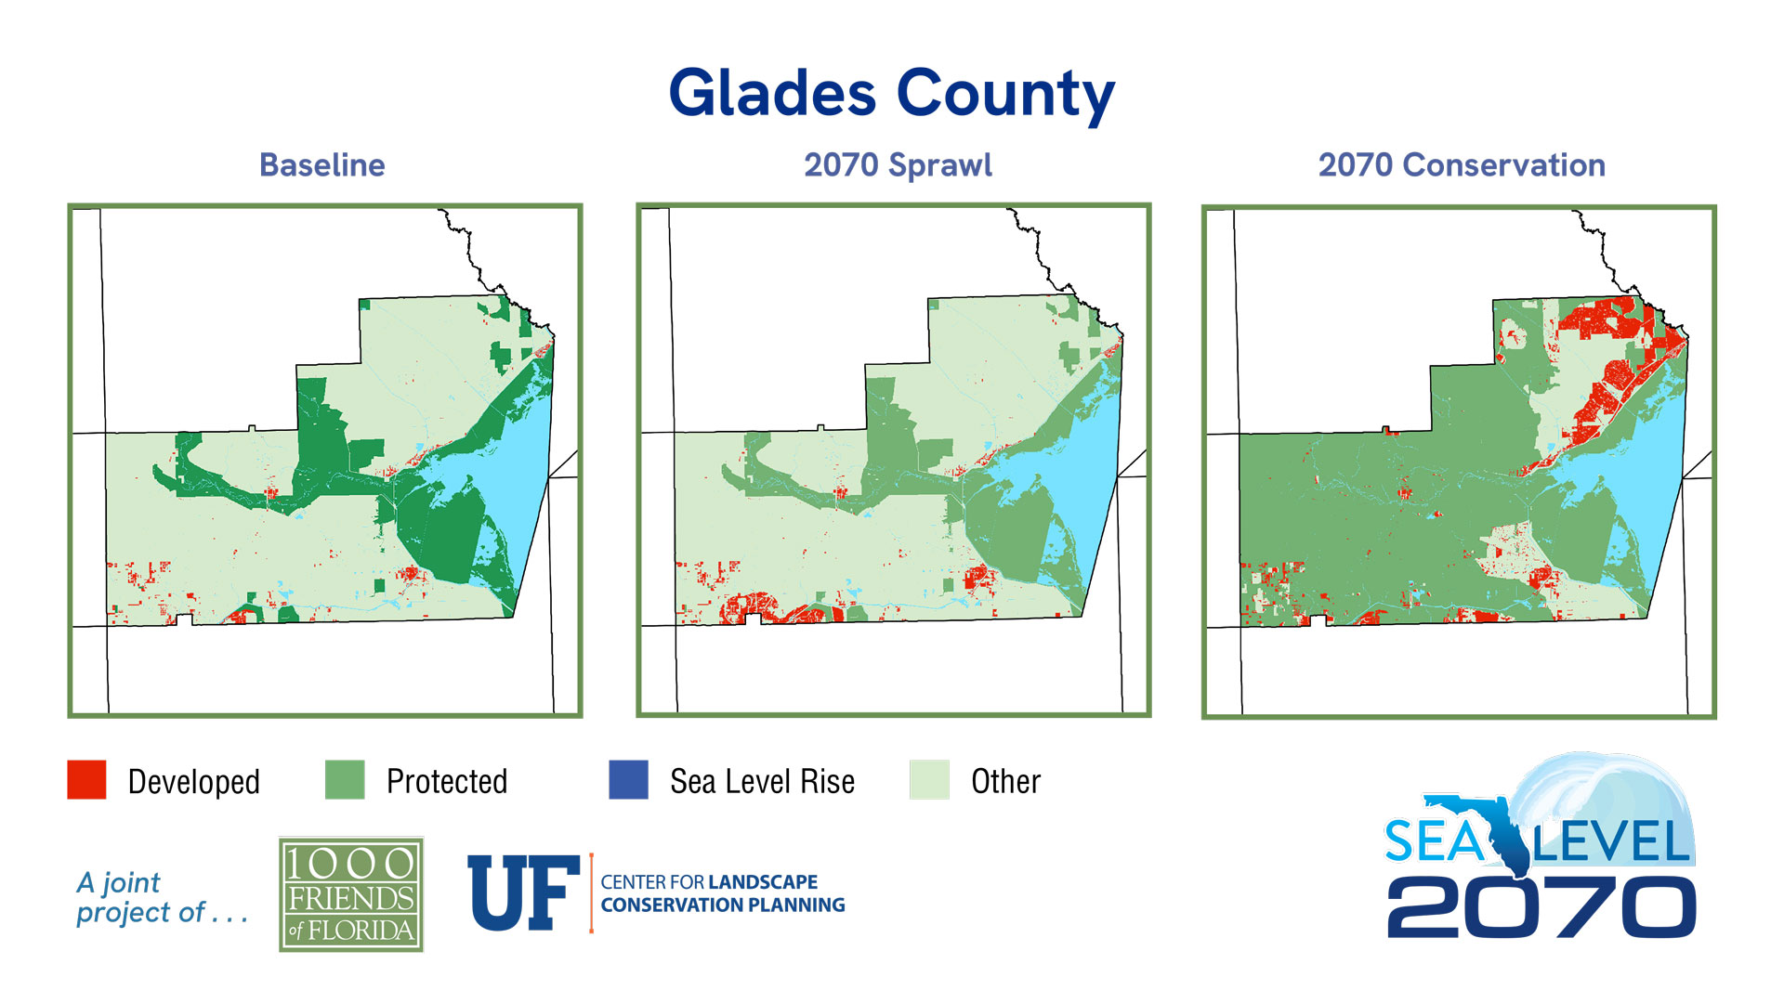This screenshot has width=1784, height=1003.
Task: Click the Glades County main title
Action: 891,95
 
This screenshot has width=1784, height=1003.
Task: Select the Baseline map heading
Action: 321,165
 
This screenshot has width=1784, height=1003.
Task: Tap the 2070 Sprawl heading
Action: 898,165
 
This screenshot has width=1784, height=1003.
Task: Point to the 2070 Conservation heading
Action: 1461,165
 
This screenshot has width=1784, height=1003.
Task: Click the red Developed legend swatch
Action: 86,780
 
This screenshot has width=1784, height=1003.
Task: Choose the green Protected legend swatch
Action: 345,780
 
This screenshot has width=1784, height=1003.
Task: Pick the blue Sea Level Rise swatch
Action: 628,780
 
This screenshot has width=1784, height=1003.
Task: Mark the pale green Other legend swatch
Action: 929,780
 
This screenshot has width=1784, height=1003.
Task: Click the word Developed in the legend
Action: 193,782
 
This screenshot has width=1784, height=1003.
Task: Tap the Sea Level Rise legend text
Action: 762,782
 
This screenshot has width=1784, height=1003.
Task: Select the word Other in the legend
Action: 1005,782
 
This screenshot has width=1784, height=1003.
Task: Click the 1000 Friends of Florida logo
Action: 351,894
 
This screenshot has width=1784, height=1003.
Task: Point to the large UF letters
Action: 522,893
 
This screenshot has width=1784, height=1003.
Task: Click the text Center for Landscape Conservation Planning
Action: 722,893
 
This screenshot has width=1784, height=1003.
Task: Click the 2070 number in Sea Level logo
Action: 1541,908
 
